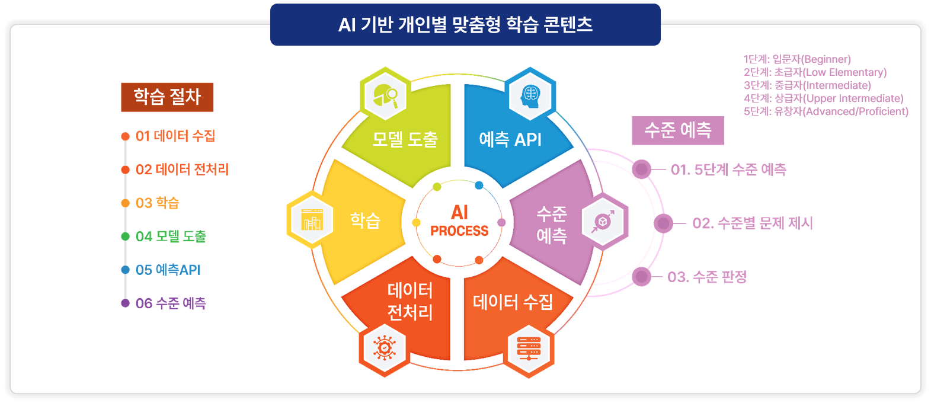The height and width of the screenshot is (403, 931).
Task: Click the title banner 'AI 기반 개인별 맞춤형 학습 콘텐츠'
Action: click(x=465, y=25)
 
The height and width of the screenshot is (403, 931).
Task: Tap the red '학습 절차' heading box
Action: click(x=167, y=97)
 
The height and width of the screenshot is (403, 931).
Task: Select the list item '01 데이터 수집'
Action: click(x=175, y=136)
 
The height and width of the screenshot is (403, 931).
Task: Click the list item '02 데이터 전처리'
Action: click(x=182, y=169)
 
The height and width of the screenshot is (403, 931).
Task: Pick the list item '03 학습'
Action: click(x=157, y=203)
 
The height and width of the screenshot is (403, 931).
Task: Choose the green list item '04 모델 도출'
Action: click(x=171, y=236)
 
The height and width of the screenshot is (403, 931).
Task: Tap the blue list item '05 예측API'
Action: click(x=168, y=270)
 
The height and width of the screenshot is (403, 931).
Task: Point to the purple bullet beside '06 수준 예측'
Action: click(x=125, y=303)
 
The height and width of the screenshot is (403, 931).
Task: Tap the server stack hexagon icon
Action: click(x=529, y=349)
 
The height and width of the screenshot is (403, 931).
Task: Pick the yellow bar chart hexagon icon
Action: click(x=312, y=221)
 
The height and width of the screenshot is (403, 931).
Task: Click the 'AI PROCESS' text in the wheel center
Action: click(x=459, y=222)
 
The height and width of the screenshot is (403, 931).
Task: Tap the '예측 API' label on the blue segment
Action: click(x=510, y=140)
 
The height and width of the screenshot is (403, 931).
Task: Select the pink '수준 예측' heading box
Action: click(x=678, y=130)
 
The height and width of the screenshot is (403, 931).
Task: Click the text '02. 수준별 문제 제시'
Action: click(x=753, y=223)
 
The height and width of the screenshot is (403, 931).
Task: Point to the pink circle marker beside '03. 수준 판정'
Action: click(x=641, y=277)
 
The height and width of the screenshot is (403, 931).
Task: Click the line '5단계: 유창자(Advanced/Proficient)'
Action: click(x=826, y=111)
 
